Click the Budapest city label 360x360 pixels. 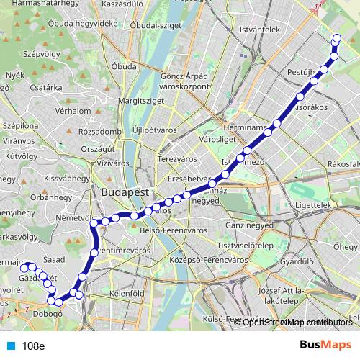point(125,193)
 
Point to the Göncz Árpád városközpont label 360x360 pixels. point(185,81)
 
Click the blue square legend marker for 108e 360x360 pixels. point(9,346)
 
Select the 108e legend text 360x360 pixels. point(33,346)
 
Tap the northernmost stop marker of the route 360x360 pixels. point(336,39)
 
